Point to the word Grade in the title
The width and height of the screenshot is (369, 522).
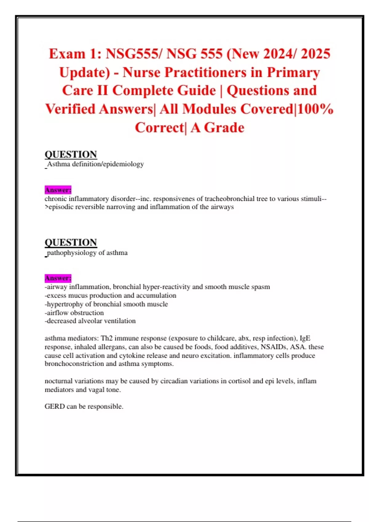coord(224,128)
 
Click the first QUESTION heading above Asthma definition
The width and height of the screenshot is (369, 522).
coord(71,154)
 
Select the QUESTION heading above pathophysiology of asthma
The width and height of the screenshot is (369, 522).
coord(71,242)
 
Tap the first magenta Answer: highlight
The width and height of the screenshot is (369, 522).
coord(58,190)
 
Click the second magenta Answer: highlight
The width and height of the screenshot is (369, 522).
coord(58,278)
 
